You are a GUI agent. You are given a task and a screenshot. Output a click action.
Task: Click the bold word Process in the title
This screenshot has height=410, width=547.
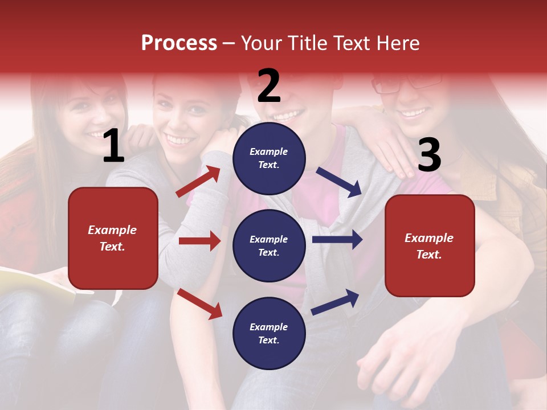click(x=179, y=43)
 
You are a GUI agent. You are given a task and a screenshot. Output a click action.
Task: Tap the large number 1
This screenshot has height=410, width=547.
click(x=113, y=146)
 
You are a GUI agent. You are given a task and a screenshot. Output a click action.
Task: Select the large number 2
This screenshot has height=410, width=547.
click(x=269, y=86)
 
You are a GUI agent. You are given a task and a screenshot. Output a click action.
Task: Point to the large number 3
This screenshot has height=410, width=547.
click(x=429, y=155)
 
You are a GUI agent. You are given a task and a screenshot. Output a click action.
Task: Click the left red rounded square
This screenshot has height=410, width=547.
click(x=113, y=238)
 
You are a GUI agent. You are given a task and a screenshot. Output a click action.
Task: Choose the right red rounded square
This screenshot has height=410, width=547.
click(x=430, y=245)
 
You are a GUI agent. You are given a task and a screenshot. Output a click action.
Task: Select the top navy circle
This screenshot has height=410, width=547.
click(x=269, y=158)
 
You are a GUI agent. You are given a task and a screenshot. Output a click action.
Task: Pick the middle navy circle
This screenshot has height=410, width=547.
click(x=269, y=245)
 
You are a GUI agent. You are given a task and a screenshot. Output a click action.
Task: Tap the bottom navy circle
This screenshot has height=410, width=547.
click(x=269, y=333)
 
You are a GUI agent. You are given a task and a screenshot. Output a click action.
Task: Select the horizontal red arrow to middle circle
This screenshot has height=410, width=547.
click(x=199, y=241)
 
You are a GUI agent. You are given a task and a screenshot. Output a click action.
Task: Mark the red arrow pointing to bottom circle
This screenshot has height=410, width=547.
click(x=199, y=304)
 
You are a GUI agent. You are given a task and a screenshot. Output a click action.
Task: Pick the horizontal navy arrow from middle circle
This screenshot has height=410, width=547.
click(x=337, y=240)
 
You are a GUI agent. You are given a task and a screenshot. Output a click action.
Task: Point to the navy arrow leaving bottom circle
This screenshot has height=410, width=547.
click(x=335, y=302)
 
